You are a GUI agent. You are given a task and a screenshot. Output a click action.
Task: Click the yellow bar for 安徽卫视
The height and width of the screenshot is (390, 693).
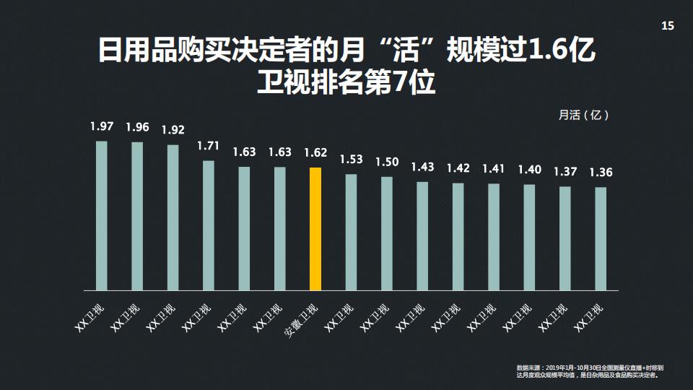(315, 228)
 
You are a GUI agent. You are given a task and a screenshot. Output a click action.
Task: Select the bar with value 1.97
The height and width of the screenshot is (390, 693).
(102, 215)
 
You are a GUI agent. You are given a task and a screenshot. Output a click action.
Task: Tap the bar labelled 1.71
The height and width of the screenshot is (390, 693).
(209, 225)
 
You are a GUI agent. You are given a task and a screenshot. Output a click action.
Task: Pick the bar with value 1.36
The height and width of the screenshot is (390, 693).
(601, 238)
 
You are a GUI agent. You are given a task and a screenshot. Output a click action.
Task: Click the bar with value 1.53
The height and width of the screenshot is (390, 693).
(351, 232)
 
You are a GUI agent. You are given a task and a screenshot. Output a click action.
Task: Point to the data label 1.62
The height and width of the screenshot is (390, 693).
(315, 153)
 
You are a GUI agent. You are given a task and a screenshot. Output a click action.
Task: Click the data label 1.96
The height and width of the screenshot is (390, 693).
(137, 127)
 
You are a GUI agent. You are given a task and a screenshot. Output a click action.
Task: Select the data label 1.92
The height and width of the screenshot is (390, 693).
(173, 130)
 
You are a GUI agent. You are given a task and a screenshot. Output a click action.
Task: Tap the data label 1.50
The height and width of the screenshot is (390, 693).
(387, 162)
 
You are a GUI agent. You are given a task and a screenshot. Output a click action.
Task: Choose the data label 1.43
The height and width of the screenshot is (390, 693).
(422, 167)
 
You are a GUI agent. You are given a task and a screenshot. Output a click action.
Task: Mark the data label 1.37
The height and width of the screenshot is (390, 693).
(565, 172)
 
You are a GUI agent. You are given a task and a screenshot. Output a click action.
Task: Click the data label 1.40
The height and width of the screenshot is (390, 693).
(529, 170)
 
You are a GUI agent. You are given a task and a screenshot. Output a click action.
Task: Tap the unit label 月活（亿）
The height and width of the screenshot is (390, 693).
(583, 115)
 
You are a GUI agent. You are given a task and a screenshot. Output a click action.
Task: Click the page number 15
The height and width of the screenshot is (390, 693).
(667, 26)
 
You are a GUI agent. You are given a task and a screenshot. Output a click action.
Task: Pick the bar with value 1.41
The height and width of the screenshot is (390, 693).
(494, 236)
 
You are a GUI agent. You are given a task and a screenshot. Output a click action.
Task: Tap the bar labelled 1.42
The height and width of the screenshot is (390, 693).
(458, 236)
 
